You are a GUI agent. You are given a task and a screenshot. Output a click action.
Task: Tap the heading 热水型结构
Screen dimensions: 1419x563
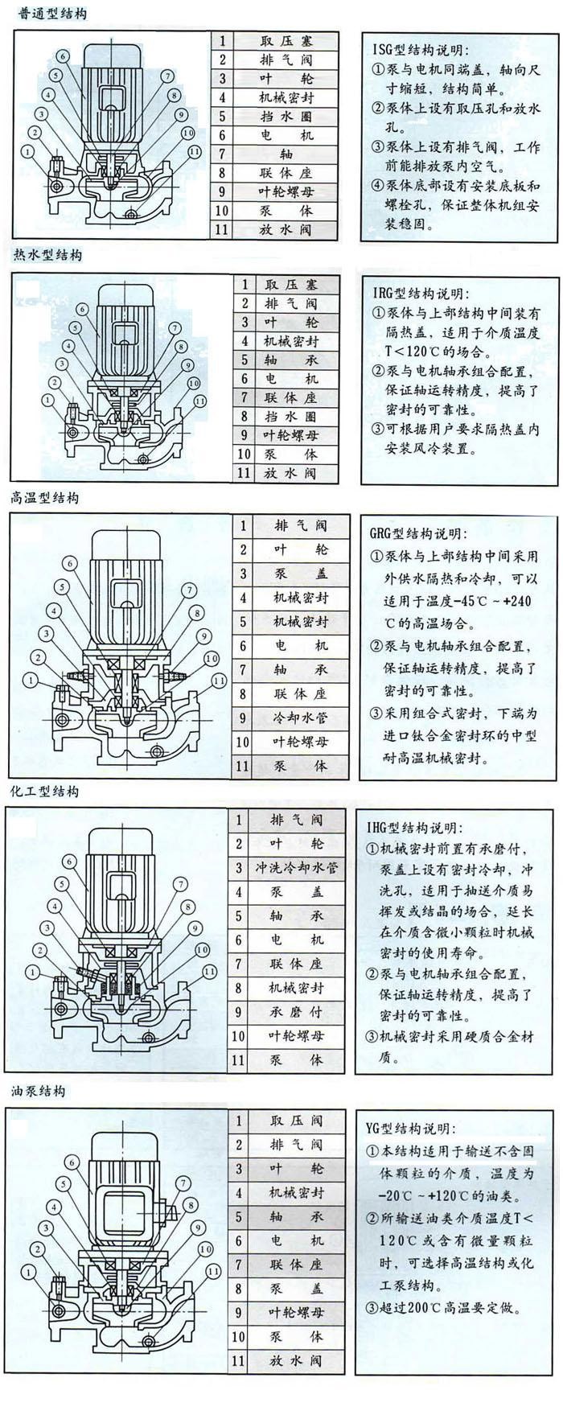[47, 255]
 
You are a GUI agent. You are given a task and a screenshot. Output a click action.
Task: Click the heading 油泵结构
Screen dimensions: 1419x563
[39, 1091]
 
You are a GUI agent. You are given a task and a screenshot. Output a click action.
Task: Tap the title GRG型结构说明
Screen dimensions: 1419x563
[417, 533]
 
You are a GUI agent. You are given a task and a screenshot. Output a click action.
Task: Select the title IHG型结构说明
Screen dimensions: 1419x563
[414, 827]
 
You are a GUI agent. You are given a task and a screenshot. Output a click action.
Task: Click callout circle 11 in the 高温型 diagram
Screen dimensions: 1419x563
[218, 681]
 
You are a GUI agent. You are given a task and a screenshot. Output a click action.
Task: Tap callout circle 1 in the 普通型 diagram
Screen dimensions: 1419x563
[29, 150]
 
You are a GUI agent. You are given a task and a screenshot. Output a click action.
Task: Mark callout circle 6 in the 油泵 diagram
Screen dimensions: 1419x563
[71, 1162]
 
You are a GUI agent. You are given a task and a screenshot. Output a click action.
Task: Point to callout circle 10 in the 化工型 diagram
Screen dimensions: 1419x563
[207, 949]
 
